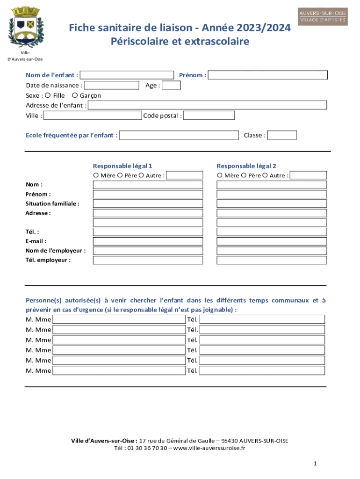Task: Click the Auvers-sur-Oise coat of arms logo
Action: tap(26, 27)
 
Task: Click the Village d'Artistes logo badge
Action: tap(323, 16)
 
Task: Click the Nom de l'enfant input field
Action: tap(127, 75)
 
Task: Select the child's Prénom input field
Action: tap(268, 75)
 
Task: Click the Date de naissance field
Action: tap(112, 85)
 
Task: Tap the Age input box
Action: tap(171, 85)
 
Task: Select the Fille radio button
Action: tap(49, 95)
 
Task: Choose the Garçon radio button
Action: tap(75, 95)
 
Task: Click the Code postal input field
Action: tap(209, 116)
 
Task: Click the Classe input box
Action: tap(282, 135)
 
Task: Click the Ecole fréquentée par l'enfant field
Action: tap(179, 135)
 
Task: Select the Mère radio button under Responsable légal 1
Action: tap(96, 175)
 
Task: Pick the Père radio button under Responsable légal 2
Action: tap(243, 175)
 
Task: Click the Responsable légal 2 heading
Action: tap(246, 166)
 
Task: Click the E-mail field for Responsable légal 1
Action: tap(148, 241)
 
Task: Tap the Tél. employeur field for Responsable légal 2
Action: tap(272, 260)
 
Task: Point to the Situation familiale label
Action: tap(52, 203)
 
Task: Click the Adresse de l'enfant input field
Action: tap(207, 105)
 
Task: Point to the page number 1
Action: tap(316, 463)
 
